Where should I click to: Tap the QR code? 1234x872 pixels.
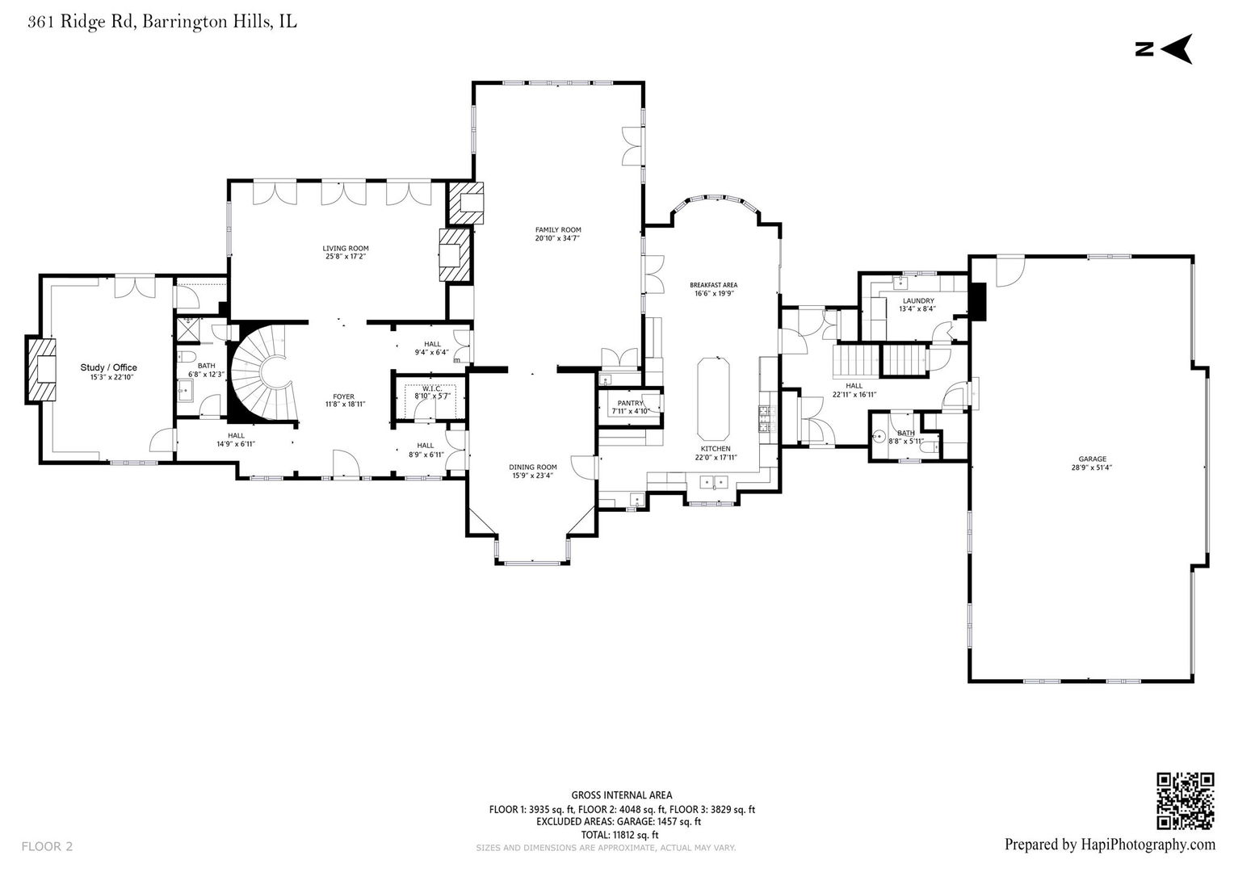click(1185, 801)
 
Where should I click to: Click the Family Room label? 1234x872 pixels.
click(558, 229)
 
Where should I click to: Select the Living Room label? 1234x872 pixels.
click(346, 249)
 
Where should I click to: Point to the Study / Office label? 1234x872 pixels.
click(108, 367)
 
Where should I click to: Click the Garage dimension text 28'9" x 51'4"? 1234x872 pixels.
click(1093, 467)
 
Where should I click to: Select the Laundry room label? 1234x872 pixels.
click(918, 301)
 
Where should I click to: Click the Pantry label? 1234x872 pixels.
click(630, 403)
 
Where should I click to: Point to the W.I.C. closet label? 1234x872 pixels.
click(432, 389)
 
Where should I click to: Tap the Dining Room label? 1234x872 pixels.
click(533, 467)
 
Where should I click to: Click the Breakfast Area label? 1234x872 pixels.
click(713, 285)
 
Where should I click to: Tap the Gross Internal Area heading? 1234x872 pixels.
click(621, 794)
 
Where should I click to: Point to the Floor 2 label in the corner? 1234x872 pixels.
click(47, 847)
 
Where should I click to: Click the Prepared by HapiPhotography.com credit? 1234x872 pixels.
click(1110, 845)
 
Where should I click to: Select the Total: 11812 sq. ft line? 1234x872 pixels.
click(619, 835)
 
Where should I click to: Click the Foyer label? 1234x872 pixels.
click(344, 396)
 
